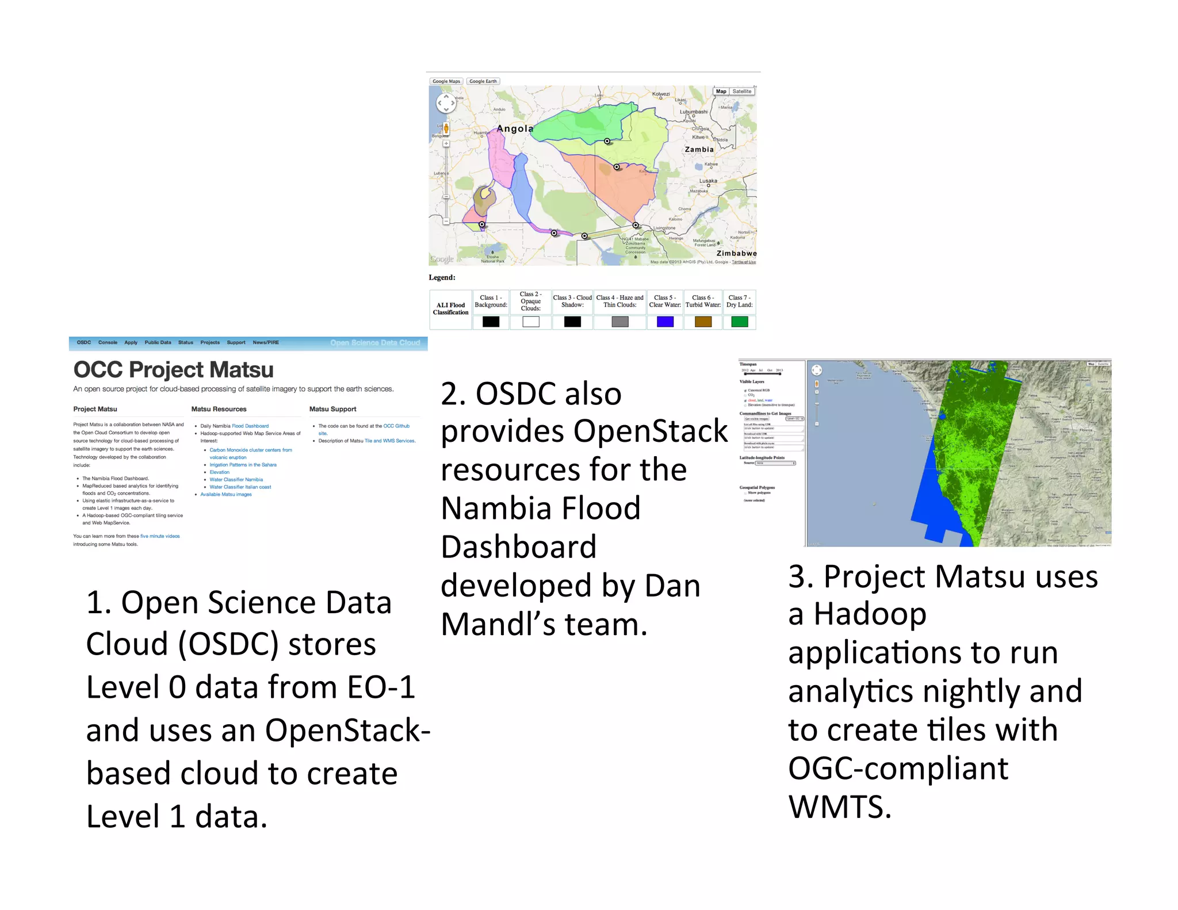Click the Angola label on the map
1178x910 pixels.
[515, 129]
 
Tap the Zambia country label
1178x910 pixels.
[699, 150]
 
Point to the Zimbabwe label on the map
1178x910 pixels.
[736, 253]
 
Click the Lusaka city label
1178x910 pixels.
[708, 181]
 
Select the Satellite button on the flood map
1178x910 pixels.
[741, 91]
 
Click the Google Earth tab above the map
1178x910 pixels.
[483, 81]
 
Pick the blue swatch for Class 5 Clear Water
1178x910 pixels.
[665, 322]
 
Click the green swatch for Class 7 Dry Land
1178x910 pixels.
[739, 322]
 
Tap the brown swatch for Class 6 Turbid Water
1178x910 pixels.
[703, 322]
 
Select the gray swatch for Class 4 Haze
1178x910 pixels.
[619, 322]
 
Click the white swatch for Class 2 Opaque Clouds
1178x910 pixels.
[530, 322]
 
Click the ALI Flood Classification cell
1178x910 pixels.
[450, 309]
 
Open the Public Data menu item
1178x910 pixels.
[158, 342]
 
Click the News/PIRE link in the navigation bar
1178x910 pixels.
[266, 342]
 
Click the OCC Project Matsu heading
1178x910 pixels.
[173, 370]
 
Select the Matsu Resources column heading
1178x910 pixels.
[219, 409]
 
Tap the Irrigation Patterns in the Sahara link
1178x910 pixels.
[243, 465]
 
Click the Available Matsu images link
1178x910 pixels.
[226, 494]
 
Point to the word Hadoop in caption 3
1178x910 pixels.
[870, 614]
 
